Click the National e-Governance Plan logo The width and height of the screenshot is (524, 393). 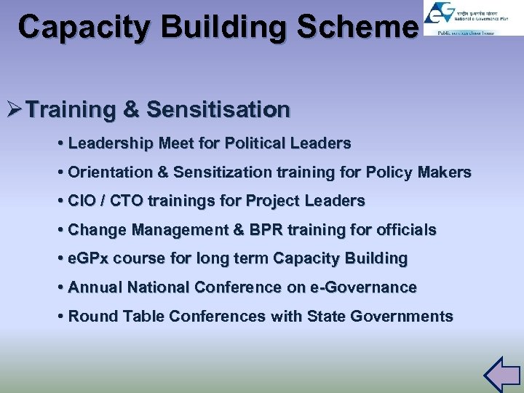pos(473,18)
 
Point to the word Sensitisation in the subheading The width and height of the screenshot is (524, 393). pos(218,110)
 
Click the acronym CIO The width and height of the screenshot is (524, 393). pos(80,200)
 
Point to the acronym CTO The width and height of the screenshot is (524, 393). pos(119,200)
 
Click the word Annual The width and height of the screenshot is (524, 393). pos(95,287)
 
